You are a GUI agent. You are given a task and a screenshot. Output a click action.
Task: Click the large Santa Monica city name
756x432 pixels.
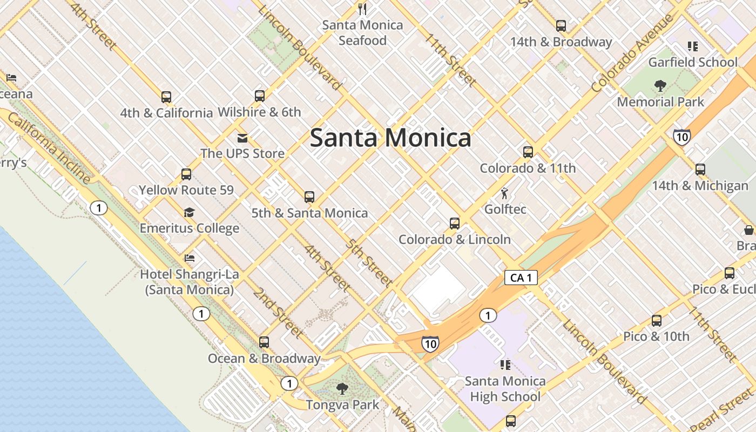pyautogui.click(x=390, y=138)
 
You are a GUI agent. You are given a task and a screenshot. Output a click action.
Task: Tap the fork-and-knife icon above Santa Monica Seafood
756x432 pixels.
pyautogui.click(x=362, y=9)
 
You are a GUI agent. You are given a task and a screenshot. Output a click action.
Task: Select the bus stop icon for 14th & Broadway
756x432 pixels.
pyautogui.click(x=561, y=25)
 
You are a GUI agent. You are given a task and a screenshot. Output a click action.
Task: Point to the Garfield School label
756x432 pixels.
pyautogui.click(x=692, y=62)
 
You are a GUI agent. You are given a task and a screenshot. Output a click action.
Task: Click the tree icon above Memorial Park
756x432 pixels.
pyautogui.click(x=660, y=85)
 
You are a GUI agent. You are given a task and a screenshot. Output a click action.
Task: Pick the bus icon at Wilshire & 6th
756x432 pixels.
pyautogui.click(x=260, y=96)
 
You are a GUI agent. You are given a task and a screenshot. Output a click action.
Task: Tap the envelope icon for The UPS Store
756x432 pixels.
pyautogui.click(x=242, y=138)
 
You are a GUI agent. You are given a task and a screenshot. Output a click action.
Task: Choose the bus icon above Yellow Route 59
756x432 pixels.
pyautogui.click(x=186, y=174)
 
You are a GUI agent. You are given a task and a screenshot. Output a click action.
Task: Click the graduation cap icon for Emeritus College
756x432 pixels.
pyautogui.click(x=189, y=212)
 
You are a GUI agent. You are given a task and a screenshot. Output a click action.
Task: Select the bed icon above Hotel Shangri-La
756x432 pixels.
pyautogui.click(x=189, y=258)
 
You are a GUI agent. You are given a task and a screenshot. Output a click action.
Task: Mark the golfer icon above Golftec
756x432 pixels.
pyautogui.click(x=504, y=193)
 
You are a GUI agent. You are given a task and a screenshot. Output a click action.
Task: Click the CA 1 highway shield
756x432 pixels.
pyautogui.click(x=521, y=278)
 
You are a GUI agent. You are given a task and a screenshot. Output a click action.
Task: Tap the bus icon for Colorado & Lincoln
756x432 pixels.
pyautogui.click(x=455, y=223)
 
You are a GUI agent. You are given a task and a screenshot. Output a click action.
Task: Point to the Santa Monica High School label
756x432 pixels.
pyautogui.click(x=505, y=389)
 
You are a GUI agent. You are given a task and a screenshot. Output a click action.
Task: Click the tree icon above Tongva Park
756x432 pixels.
pyautogui.click(x=342, y=388)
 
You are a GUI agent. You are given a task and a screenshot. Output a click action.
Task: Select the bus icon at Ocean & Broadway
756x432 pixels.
pyautogui.click(x=264, y=342)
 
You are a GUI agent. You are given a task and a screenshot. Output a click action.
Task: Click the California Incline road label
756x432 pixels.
pyautogui.click(x=49, y=149)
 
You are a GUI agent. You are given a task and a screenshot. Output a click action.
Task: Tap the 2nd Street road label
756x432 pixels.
pyautogui.click(x=278, y=313)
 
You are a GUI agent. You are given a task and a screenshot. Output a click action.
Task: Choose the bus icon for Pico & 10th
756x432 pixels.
pyautogui.click(x=657, y=321)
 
